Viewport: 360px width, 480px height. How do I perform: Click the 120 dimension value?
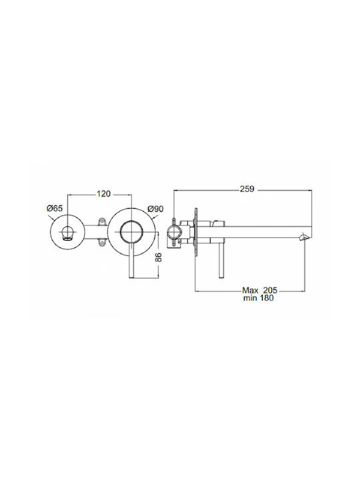point(103,194)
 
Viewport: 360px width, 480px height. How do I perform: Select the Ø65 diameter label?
point(54,209)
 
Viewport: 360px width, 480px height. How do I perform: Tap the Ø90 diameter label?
point(155,209)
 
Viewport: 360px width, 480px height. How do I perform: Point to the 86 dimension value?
point(158,257)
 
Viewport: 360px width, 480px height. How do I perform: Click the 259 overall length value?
point(247,189)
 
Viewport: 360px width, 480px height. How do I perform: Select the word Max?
point(250,290)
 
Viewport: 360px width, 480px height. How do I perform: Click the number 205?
point(270,290)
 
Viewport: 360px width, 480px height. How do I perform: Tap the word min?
point(251,298)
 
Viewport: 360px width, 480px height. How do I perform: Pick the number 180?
point(267,298)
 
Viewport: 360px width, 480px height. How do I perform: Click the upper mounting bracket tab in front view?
point(102,221)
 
